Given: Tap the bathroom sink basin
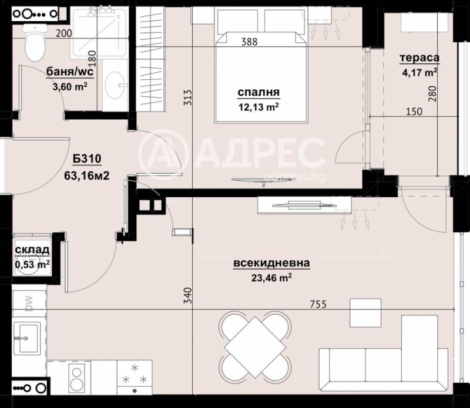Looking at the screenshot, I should (116, 86).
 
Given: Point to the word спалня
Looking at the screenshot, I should (258, 93).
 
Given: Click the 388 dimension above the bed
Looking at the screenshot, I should (249, 41).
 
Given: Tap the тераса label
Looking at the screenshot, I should (420, 58).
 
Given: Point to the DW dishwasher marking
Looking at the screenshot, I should (28, 302).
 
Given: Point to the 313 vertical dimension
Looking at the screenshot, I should (187, 98).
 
